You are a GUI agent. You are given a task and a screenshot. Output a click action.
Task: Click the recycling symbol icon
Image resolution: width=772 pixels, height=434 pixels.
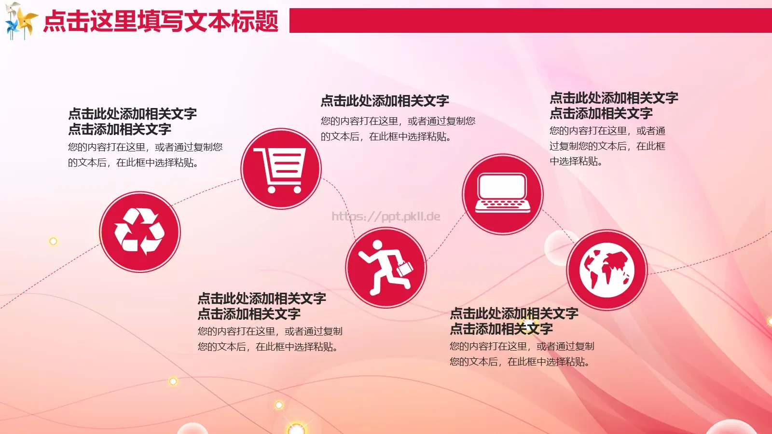click(140, 231)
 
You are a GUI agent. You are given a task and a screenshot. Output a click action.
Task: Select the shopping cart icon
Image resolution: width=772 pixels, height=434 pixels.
click(281, 168)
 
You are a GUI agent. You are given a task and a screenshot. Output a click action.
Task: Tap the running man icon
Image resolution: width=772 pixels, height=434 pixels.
click(386, 267)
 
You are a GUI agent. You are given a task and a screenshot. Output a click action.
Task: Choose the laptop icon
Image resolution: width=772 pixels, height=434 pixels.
click(503, 194)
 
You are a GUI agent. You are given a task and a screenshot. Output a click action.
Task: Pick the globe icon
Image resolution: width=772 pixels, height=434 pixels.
click(607, 270)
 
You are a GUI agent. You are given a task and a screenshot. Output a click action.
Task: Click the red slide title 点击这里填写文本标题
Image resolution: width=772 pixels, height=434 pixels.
click(161, 22)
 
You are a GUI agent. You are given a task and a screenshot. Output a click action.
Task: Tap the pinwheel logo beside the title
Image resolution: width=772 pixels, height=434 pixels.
click(20, 20)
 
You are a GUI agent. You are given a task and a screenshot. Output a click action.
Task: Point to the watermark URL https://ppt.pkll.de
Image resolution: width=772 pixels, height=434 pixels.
click(386, 217)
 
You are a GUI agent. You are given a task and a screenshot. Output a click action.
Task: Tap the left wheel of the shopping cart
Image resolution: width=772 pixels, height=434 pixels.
click(272, 190)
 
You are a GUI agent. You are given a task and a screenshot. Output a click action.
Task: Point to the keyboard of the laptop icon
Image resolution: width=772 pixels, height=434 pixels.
click(502, 204)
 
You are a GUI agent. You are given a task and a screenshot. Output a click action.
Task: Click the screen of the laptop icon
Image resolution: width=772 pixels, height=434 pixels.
click(502, 186)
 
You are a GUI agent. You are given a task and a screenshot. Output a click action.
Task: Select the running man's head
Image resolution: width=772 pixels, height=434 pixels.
click(377, 246)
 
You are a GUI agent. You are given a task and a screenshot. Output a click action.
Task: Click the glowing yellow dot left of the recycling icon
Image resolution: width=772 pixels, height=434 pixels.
click(53, 241)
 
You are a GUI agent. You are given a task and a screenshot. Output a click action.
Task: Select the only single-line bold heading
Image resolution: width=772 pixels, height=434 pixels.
click(385, 101)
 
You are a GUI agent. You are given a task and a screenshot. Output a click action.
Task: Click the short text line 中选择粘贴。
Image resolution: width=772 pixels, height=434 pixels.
click(576, 162)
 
